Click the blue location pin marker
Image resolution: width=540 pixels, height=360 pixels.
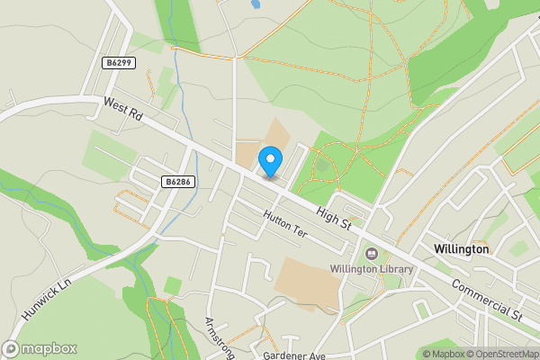tap(269, 162)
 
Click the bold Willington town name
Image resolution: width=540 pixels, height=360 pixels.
tap(460, 248)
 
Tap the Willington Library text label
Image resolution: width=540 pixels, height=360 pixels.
tap(371, 269)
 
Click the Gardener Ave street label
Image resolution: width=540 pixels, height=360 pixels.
tap(292, 355)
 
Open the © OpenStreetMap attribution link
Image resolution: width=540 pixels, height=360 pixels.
tap(499, 354)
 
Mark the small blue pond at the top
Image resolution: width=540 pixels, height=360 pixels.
tap(256, 4)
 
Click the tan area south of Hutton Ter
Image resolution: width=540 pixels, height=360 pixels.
tap(309, 282)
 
